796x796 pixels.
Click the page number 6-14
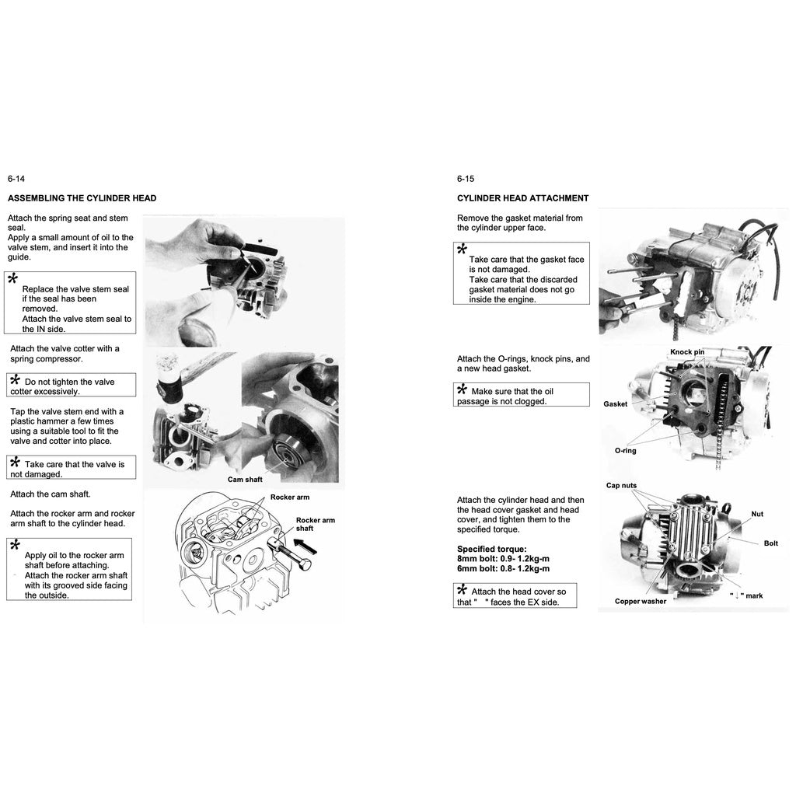[x=16, y=179]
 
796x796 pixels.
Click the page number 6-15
[x=465, y=179]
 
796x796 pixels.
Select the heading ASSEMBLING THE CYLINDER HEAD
[x=82, y=198]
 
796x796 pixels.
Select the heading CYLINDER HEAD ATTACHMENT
[x=522, y=198]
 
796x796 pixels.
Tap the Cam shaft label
[x=245, y=480]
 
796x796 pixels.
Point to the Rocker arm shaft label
[x=315, y=524]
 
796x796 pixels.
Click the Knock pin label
[x=687, y=352]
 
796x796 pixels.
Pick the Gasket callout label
[x=615, y=404]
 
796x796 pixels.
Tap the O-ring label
[x=625, y=451]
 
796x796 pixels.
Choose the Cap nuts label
[x=621, y=486]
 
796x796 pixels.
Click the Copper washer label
[x=640, y=601]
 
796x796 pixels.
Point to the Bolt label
[x=770, y=543]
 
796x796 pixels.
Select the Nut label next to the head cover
[x=757, y=514]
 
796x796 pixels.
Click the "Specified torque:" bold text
[x=491, y=549]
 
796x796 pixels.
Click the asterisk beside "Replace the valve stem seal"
[x=12, y=279]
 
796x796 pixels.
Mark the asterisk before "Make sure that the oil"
[x=462, y=389]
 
